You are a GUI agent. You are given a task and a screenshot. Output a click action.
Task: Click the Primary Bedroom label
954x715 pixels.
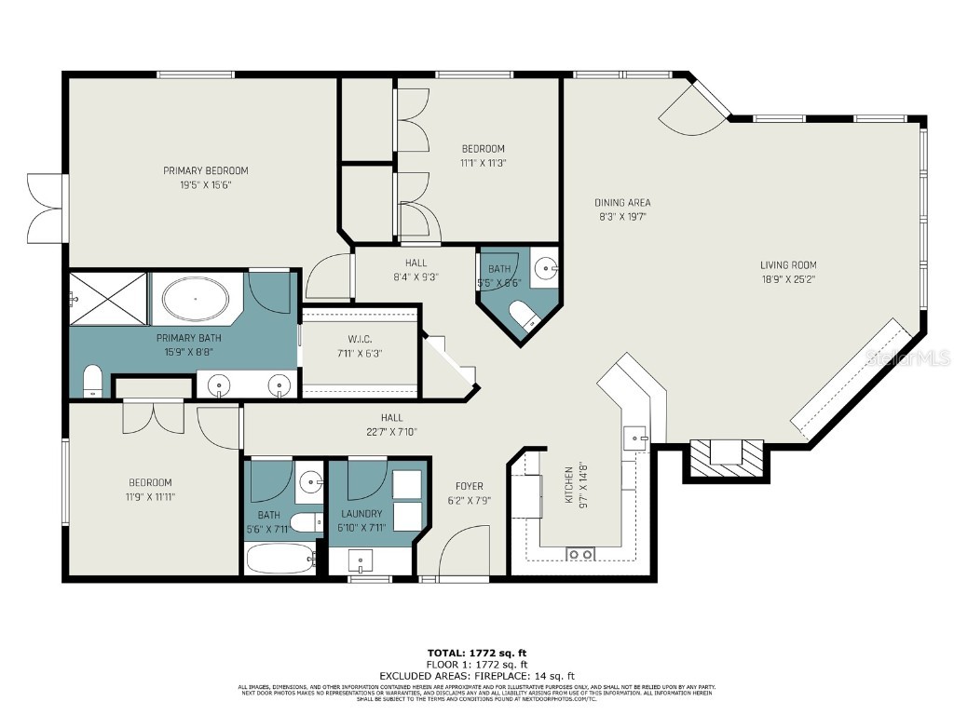coord(206,170)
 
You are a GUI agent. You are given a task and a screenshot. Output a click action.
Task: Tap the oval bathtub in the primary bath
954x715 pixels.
coord(195,299)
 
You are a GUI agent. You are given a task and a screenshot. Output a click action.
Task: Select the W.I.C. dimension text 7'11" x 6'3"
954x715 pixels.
coord(358,353)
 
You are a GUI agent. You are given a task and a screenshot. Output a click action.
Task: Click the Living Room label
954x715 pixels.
coord(787,265)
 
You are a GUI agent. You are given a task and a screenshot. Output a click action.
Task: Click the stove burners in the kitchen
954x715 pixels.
coord(581,554)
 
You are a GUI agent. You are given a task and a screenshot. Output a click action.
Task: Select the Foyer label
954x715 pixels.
coord(470,486)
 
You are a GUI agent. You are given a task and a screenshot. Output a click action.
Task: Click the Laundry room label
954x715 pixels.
coord(361,514)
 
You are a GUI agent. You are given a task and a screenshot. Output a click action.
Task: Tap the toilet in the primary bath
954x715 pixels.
coord(92,381)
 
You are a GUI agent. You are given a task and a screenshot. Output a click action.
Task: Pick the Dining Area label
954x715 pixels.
coord(622,202)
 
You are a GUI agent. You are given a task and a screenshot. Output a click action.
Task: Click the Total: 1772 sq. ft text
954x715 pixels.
coord(476,654)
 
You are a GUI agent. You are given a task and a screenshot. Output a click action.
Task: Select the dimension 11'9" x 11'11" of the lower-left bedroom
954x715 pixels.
coord(150,496)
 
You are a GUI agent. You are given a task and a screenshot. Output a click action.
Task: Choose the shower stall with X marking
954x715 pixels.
coord(108,299)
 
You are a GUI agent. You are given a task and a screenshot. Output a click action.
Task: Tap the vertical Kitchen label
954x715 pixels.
coord(568,484)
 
